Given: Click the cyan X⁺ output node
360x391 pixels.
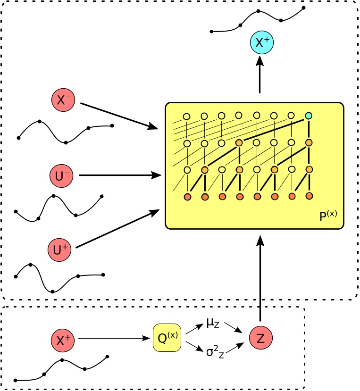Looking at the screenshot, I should coord(262,42).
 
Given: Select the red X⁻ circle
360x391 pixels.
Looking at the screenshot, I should coord(63,100).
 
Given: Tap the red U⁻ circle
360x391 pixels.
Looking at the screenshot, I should coord(61,176).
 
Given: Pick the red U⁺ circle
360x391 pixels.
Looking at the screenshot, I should coord(59,250).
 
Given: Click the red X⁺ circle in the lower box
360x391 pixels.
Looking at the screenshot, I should coord(63,341).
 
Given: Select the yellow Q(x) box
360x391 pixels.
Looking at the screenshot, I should coord(167,338).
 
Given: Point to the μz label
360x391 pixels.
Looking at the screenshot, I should coord(213,323).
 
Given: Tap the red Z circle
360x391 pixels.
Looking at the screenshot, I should coord(261,338).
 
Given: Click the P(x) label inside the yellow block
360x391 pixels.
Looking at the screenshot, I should coord(328,216).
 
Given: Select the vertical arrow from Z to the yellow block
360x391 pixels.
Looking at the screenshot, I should coord(260,278).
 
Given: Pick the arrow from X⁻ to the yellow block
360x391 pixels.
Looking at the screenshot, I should coord(119,116).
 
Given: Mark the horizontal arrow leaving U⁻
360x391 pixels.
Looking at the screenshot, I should coord(120,175).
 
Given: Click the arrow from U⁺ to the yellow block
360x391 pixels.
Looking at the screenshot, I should coord(117,229).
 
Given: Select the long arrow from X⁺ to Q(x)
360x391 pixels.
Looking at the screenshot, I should coord(114,338).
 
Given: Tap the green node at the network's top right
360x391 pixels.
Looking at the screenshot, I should coord(309,116).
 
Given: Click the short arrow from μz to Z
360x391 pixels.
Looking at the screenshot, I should coord(234,328).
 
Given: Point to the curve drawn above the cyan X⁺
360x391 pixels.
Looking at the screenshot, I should coord(258,19).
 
